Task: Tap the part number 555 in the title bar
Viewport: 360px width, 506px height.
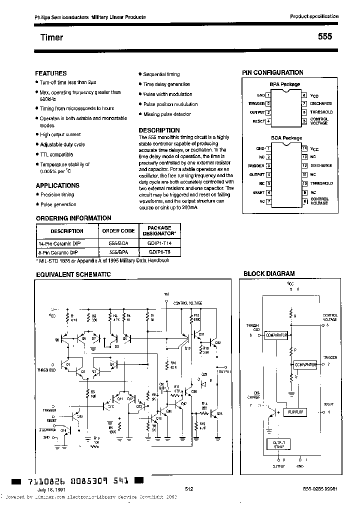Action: click(324, 37)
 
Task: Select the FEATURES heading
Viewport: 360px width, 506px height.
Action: click(51, 73)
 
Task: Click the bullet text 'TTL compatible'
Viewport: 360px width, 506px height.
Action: click(56, 155)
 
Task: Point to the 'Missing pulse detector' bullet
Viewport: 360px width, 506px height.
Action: click(167, 114)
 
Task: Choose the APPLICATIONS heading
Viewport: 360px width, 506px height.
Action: click(57, 185)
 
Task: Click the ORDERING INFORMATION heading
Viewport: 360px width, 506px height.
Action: click(73, 218)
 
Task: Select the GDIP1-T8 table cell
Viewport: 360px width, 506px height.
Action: click(159, 252)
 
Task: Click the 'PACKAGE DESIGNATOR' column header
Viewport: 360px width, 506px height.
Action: click(159, 230)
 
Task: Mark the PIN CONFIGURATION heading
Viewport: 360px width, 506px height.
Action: click(272, 72)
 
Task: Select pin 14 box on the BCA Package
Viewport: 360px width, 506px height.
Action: click(304, 148)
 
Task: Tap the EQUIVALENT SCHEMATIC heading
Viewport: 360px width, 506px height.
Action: click(73, 274)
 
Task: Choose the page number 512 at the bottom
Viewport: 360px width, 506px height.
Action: click(188, 489)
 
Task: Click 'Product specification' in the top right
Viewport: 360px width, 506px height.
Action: click(314, 16)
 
